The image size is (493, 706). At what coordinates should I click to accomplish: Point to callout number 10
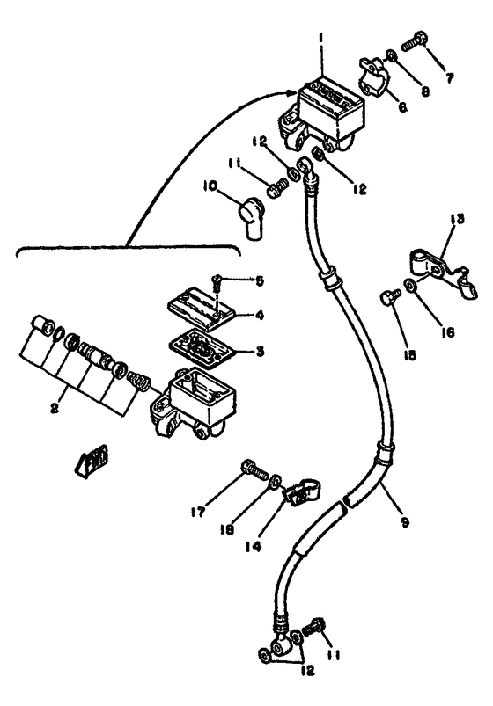[211, 185]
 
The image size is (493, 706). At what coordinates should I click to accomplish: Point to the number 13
[455, 220]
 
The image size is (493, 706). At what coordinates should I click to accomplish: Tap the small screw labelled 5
[217, 282]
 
